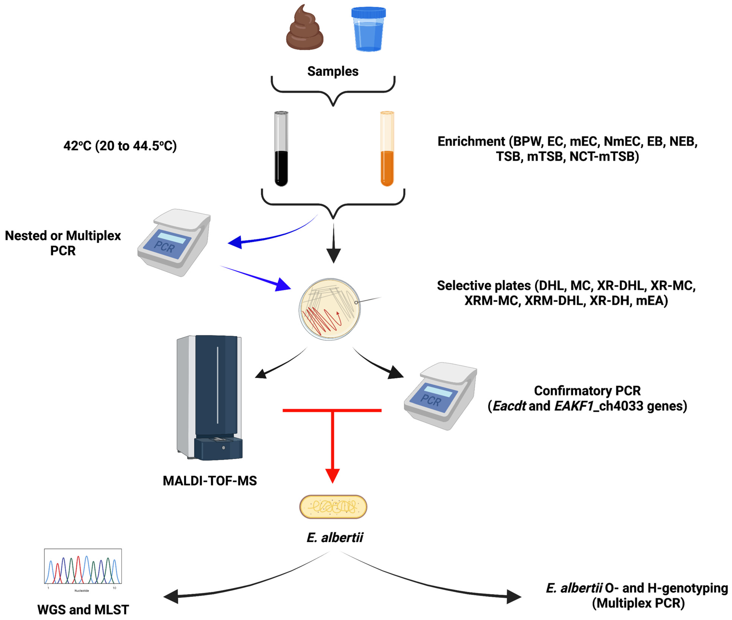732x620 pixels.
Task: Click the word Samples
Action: (x=333, y=71)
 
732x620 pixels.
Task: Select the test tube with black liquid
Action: (x=281, y=149)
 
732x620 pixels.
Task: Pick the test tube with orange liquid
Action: (x=387, y=149)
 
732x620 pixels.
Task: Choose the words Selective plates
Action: (x=483, y=285)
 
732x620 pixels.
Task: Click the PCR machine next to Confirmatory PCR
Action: (x=441, y=396)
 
